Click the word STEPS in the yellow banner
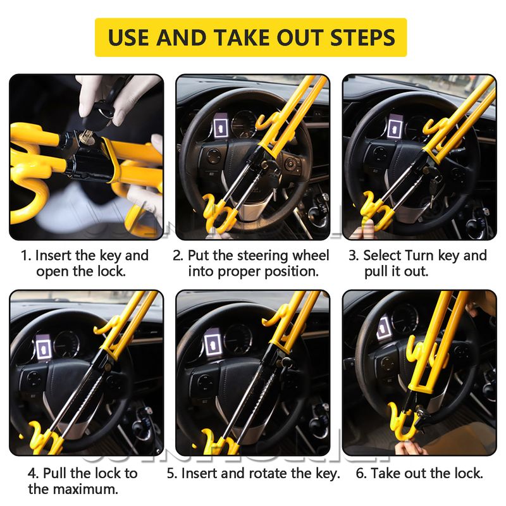click(x=362, y=37)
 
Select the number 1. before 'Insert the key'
click(x=26, y=256)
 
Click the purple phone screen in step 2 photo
click(x=221, y=125)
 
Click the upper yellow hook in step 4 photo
click(x=106, y=326)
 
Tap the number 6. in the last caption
click(x=361, y=473)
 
